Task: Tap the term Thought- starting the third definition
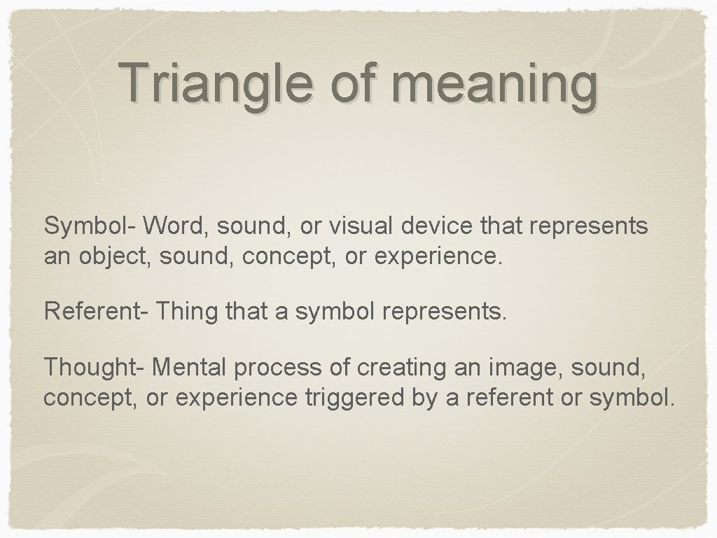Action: [95, 366]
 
